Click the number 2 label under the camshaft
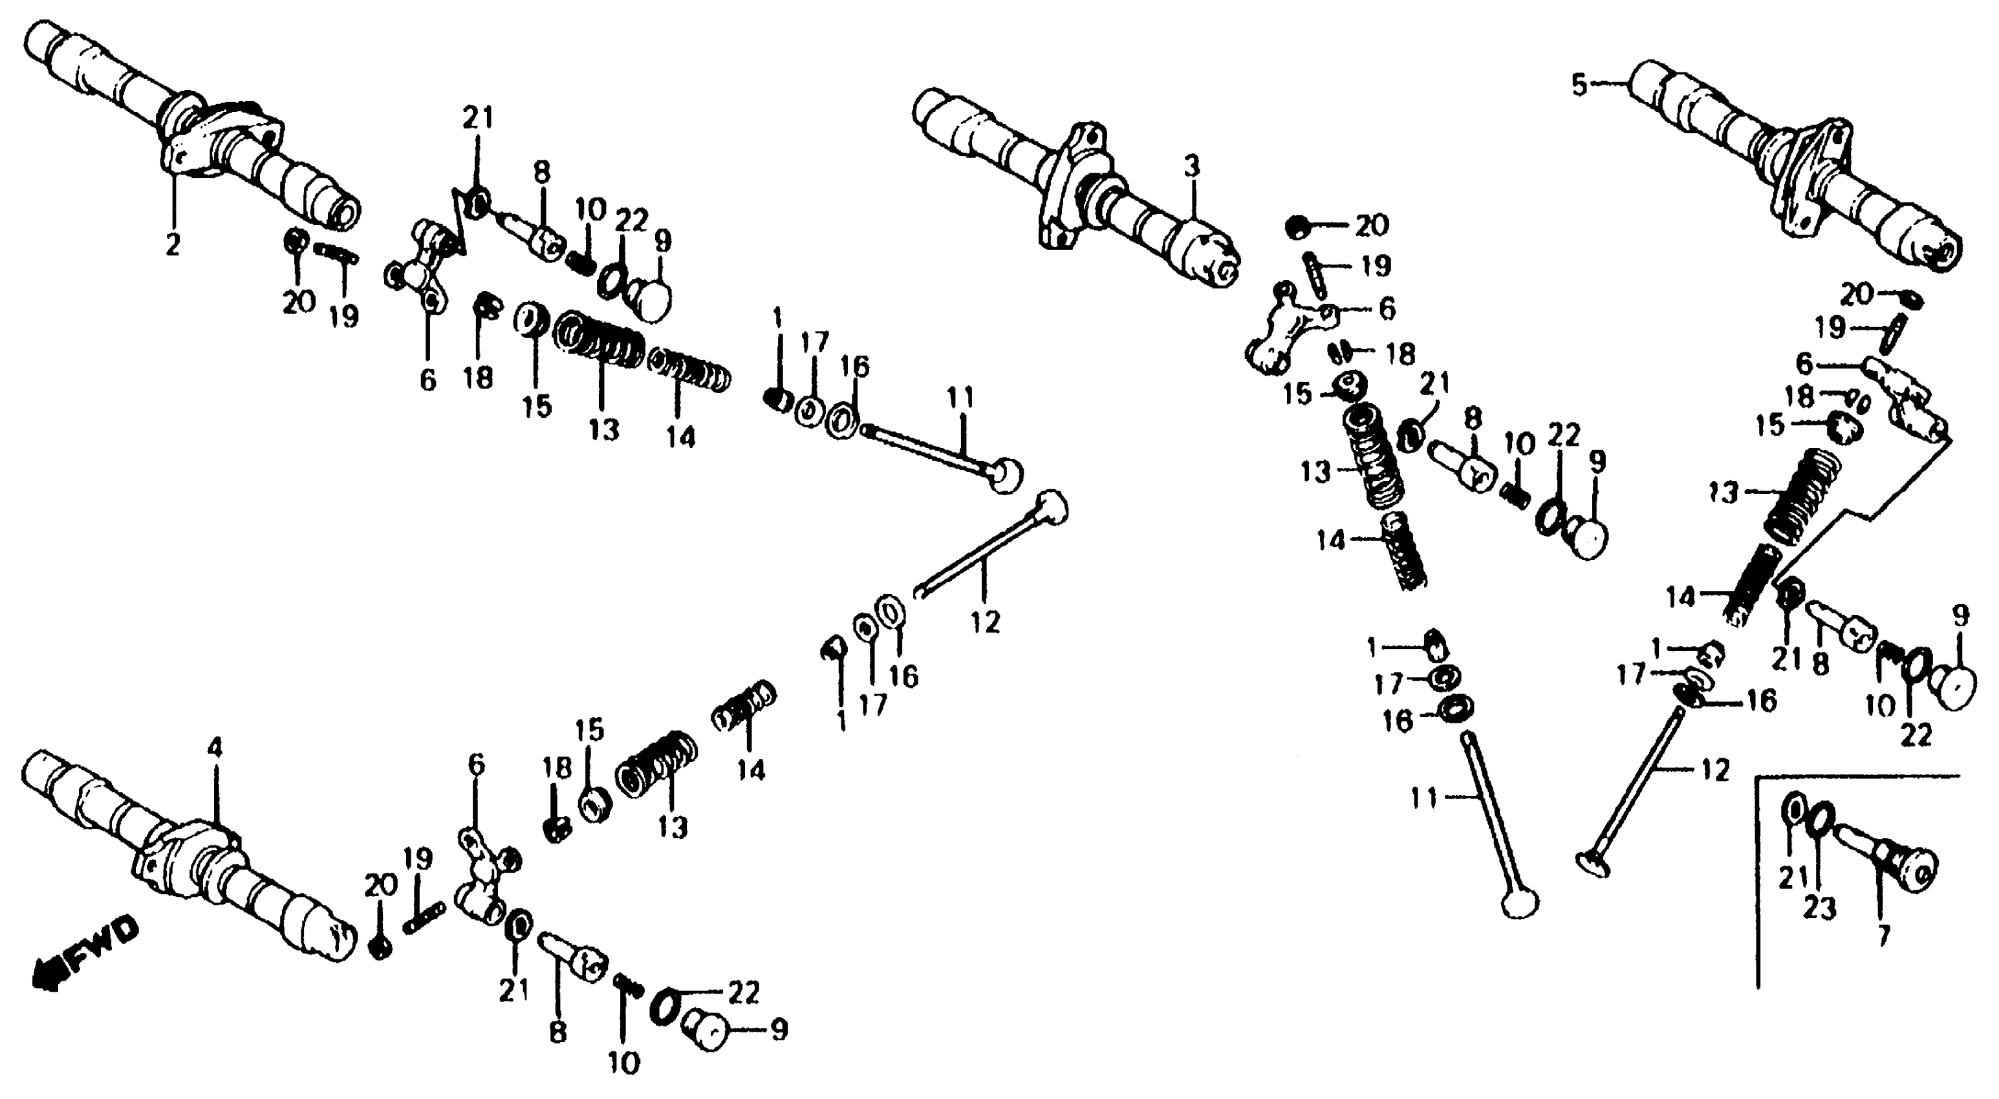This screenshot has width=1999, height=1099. [172, 245]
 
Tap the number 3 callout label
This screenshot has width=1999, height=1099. [1192, 166]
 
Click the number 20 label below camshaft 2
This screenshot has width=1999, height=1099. [299, 302]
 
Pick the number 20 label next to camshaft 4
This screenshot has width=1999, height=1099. [380, 884]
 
